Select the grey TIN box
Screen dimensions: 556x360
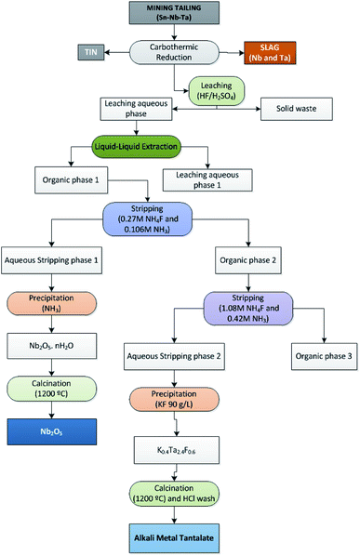tap(88, 52)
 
